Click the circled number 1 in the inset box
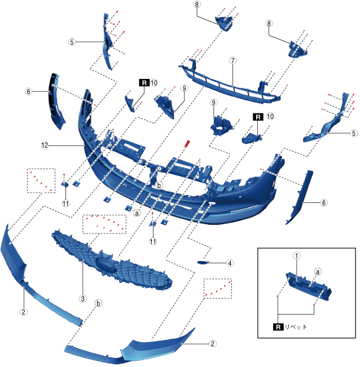tap(296, 255)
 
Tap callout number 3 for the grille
tap(82, 298)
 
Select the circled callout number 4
tap(230, 263)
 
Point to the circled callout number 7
tap(232, 59)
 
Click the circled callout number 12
tap(44, 145)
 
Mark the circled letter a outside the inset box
tap(136, 214)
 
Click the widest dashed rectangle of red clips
tap(104, 224)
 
